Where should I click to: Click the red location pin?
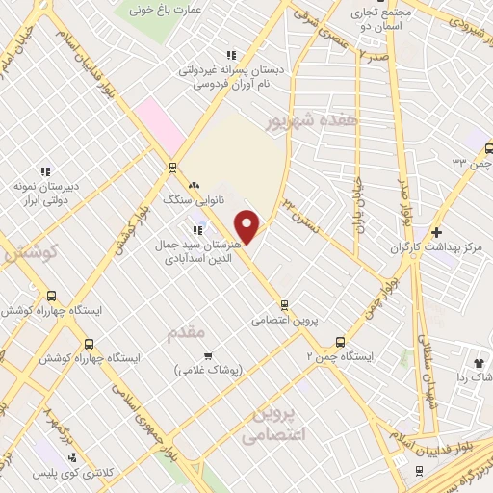[248, 226]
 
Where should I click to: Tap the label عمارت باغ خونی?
[168, 12]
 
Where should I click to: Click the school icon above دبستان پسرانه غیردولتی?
[229, 56]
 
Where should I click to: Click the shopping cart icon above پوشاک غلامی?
[208, 355]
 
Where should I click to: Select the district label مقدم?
[186, 332]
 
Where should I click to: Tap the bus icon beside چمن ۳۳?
[488, 149]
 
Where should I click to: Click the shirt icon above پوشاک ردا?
[479, 362]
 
